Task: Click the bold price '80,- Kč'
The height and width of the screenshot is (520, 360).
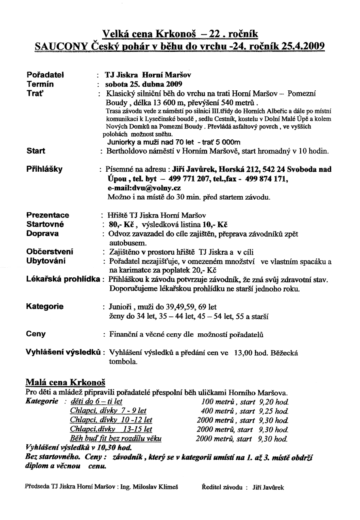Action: pos(117,224)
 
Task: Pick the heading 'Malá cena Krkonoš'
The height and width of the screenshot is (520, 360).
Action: pos(65,381)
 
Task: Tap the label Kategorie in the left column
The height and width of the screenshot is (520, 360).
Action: pos(45,307)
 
